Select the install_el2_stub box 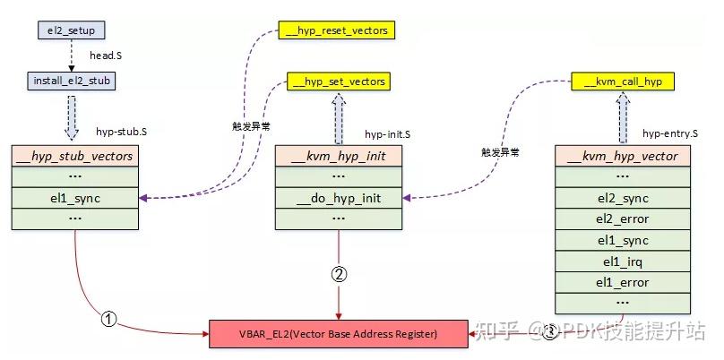[72, 81]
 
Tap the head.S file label [107, 55]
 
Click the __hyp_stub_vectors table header [75, 156]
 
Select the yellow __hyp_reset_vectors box [340, 30]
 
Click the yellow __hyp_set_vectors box [339, 81]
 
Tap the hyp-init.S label [387, 134]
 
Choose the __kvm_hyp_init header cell [339, 156]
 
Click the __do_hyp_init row [339, 197]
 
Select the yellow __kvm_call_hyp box [622, 81]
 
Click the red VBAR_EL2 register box [338, 333]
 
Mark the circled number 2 [339, 275]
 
